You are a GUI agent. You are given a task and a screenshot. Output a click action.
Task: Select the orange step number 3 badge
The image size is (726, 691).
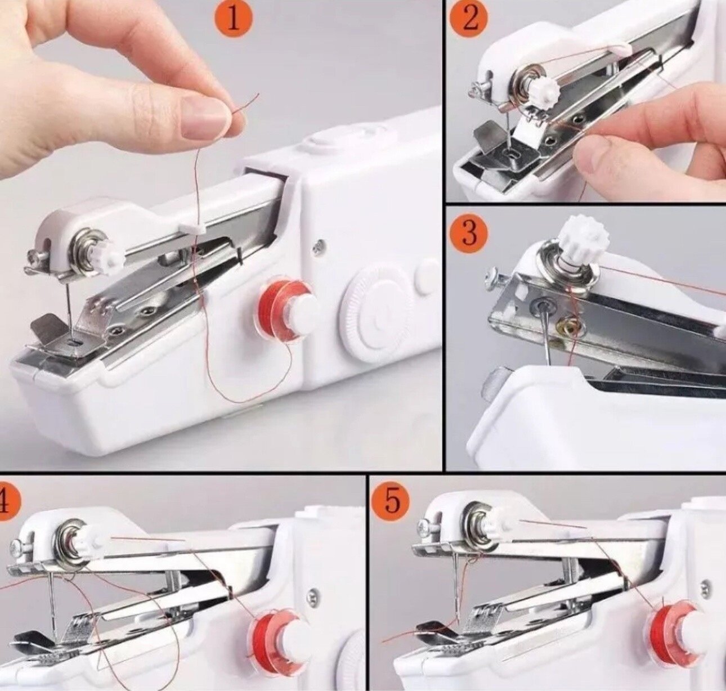(469, 234)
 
